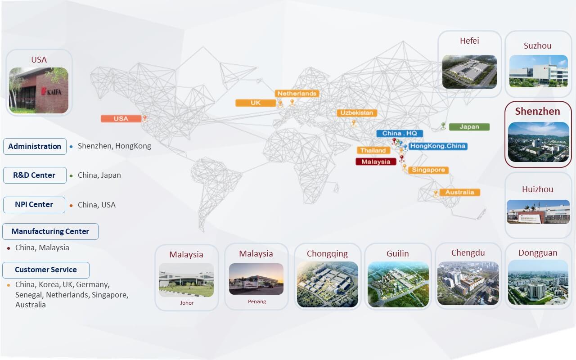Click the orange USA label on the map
point(121,118)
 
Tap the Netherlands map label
point(297,93)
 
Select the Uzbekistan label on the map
point(357,112)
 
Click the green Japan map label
point(469,127)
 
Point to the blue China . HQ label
point(400,133)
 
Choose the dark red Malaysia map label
point(376,162)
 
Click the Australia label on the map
point(460,192)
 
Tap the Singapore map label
point(428,170)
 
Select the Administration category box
point(35,146)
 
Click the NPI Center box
point(34,205)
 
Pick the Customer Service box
point(46,270)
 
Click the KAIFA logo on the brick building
point(51,91)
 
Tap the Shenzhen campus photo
point(539,142)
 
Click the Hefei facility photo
point(469,72)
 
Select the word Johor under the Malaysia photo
point(187,303)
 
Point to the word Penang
point(257,301)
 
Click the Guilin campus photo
point(398,284)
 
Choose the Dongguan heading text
point(538,253)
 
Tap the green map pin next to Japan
point(443,126)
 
